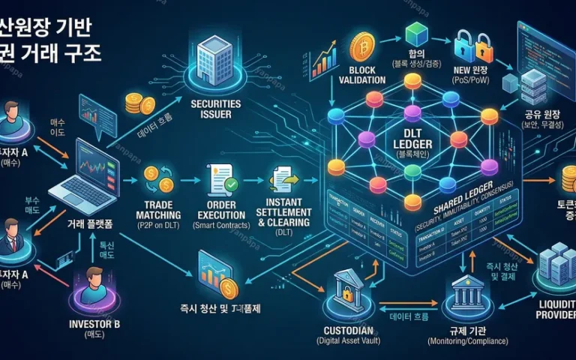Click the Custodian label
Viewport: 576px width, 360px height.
pos(346,331)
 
